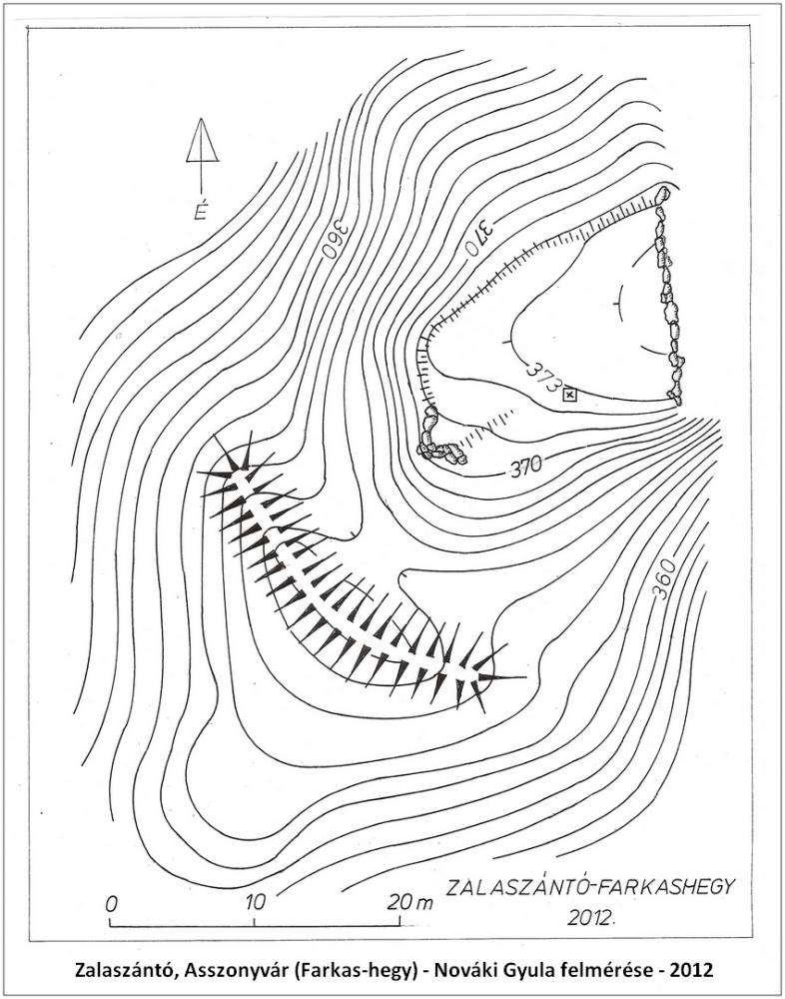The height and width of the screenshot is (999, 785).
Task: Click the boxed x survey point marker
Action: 569,396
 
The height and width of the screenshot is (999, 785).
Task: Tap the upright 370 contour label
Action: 526,467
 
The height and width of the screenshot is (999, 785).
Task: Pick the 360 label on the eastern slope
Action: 664,579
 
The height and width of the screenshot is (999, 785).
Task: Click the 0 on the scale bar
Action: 112,904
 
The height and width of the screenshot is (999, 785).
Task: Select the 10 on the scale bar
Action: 255,903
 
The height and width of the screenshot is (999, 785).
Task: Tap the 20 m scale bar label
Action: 410,902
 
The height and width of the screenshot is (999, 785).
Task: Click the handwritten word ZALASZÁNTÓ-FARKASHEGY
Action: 590,887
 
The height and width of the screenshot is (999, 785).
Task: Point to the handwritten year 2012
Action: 591,917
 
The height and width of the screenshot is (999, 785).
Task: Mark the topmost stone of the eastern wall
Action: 663,194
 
